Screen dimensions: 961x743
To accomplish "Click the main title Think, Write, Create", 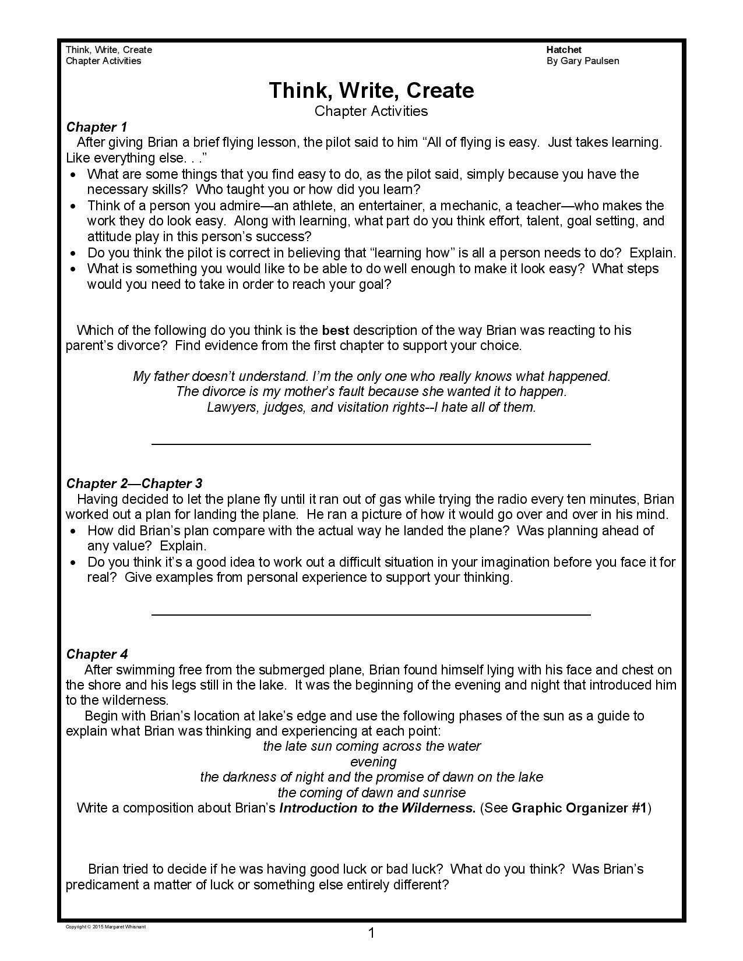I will point(371,90).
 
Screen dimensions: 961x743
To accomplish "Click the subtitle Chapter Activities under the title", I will point(371,111).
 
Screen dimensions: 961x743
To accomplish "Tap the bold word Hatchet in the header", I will point(564,50).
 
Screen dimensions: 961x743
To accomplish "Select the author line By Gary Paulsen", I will point(582,61).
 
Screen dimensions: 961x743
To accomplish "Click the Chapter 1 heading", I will point(96,127).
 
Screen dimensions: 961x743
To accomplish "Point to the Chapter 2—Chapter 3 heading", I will point(134,483).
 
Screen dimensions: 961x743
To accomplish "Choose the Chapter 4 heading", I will point(97,654).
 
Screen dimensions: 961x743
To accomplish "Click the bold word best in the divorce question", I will point(335,331).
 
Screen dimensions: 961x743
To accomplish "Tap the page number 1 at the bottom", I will point(371,934).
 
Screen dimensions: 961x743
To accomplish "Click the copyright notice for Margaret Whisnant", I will point(105,927).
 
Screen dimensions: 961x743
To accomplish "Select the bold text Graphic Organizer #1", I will point(579,808).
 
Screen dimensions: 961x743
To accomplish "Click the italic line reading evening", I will point(373,762).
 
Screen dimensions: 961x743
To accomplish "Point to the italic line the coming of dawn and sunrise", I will point(372,793).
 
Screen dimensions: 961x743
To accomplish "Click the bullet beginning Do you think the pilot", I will point(73,253).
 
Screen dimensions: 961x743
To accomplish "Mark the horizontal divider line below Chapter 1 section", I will point(371,444).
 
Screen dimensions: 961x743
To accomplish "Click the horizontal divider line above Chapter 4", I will point(371,614).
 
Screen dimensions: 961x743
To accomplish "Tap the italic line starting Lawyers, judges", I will point(371,407).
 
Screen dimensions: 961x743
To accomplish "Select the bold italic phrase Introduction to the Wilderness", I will point(378,808).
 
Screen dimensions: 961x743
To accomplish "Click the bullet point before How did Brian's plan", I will point(73,531).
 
